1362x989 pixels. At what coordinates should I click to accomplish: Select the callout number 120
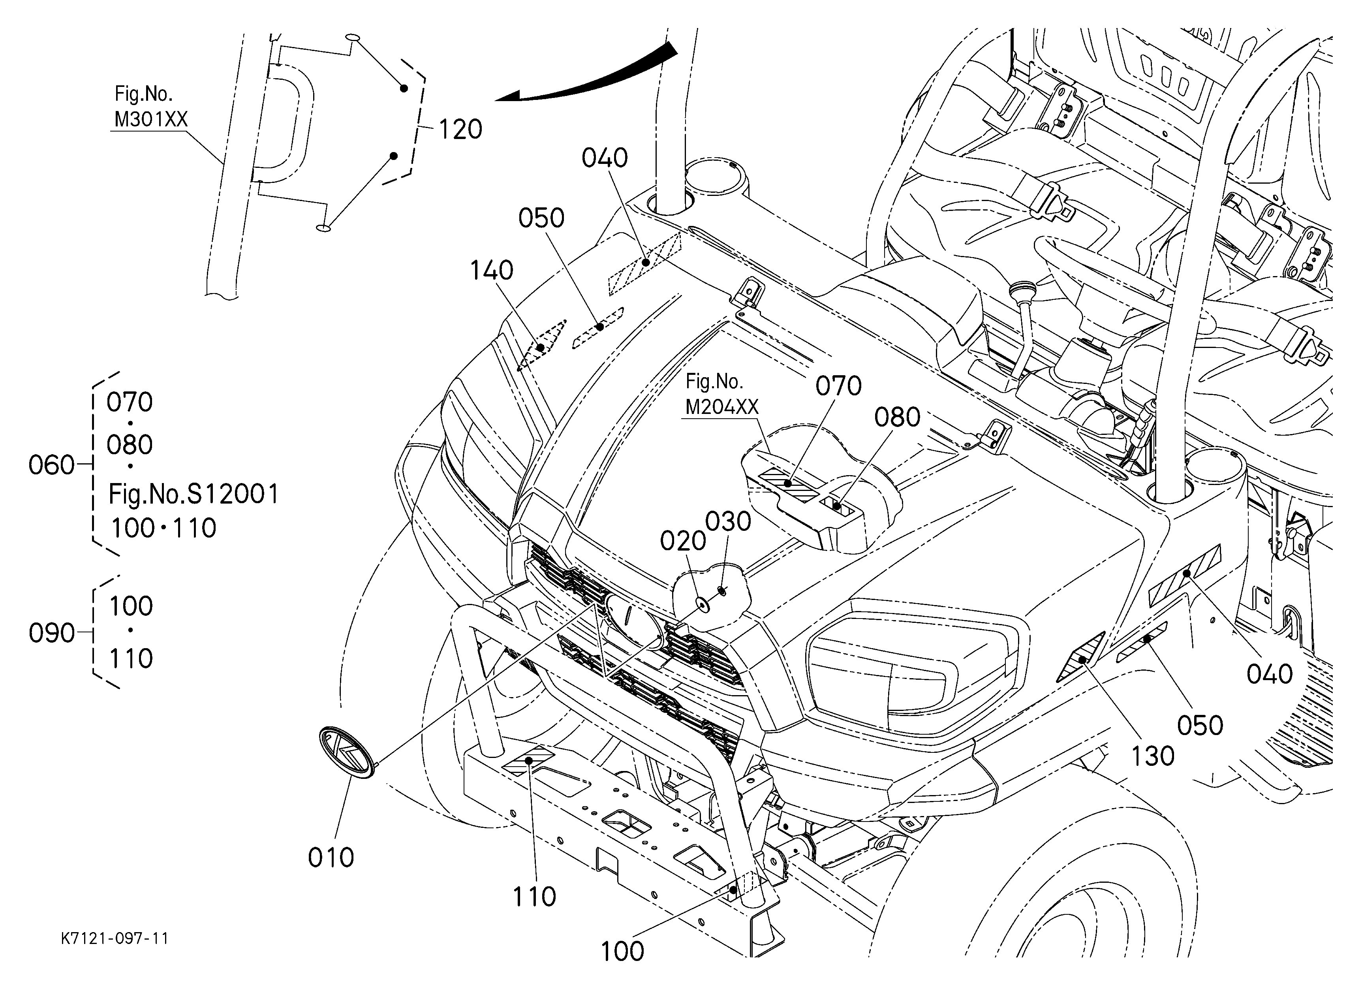click(460, 130)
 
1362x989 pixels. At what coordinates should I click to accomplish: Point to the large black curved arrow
click(586, 75)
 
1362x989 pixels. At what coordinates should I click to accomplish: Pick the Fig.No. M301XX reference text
click(151, 107)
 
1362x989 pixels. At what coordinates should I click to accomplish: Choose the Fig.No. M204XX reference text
click(722, 395)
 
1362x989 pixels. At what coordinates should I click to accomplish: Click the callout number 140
click(491, 271)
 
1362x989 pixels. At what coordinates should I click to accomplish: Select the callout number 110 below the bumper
click(534, 897)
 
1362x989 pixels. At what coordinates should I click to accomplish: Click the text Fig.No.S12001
click(194, 494)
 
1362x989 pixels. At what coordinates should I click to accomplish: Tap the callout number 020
click(683, 542)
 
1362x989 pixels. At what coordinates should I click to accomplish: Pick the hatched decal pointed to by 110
click(529, 761)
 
